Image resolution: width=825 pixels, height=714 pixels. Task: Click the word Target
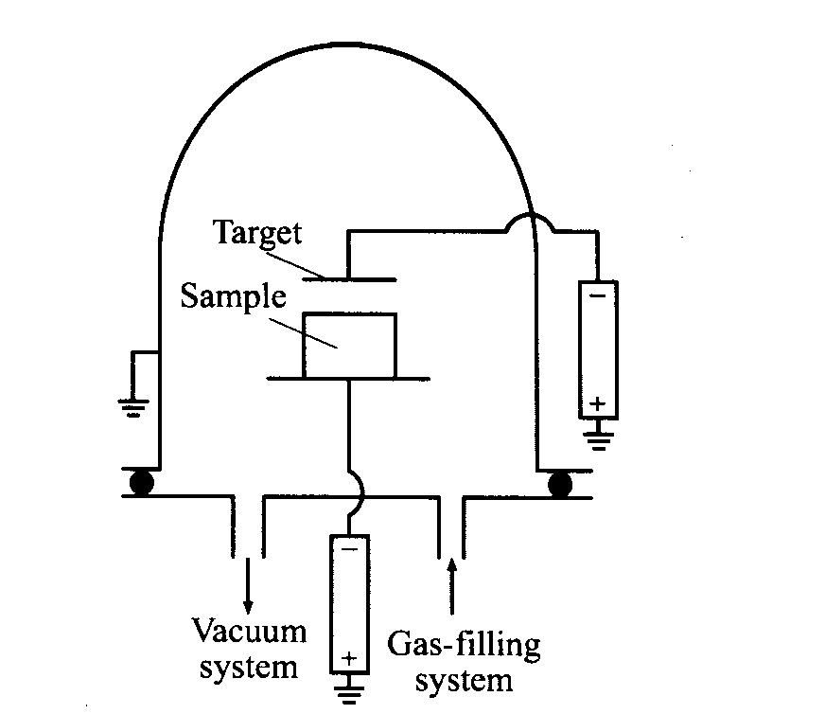pos(257,233)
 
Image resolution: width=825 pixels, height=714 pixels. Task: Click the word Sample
pos(233,297)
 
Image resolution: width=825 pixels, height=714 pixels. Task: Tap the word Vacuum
pos(249,631)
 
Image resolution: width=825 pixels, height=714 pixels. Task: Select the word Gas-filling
pos(464,645)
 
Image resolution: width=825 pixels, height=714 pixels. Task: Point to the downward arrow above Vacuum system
pos(247,585)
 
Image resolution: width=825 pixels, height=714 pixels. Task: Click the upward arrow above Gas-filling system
pos(451,586)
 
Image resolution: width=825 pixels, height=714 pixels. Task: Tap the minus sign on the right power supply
pos(598,295)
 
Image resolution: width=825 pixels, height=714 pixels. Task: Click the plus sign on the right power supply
pos(597,403)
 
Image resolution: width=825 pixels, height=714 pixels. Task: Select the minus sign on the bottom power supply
pos(349,550)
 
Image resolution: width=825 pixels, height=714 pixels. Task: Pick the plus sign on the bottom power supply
pos(349,658)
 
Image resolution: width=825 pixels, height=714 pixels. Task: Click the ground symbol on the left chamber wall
pos(133,408)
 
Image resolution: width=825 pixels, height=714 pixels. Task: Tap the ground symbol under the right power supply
pos(598,440)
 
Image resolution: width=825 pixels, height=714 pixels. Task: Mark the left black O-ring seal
pos(141,483)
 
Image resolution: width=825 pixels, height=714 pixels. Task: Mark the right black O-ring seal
pos(559,484)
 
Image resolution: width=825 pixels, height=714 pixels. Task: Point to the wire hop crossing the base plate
pos(359,495)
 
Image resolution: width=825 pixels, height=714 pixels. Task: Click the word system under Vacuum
pos(249,668)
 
